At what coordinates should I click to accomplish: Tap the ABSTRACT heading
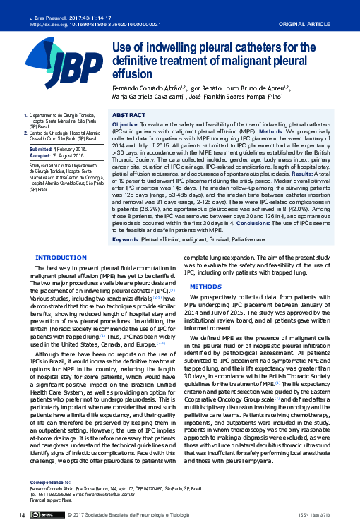[129, 114]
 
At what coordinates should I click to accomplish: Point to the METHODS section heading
[205, 287]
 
